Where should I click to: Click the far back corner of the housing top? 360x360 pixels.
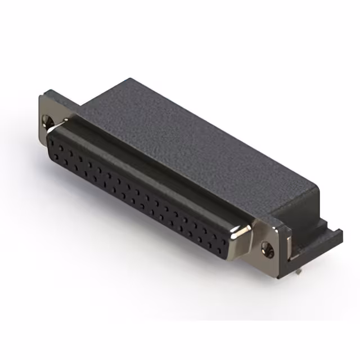(x=130, y=79)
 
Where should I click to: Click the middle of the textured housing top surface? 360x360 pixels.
(x=191, y=141)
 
